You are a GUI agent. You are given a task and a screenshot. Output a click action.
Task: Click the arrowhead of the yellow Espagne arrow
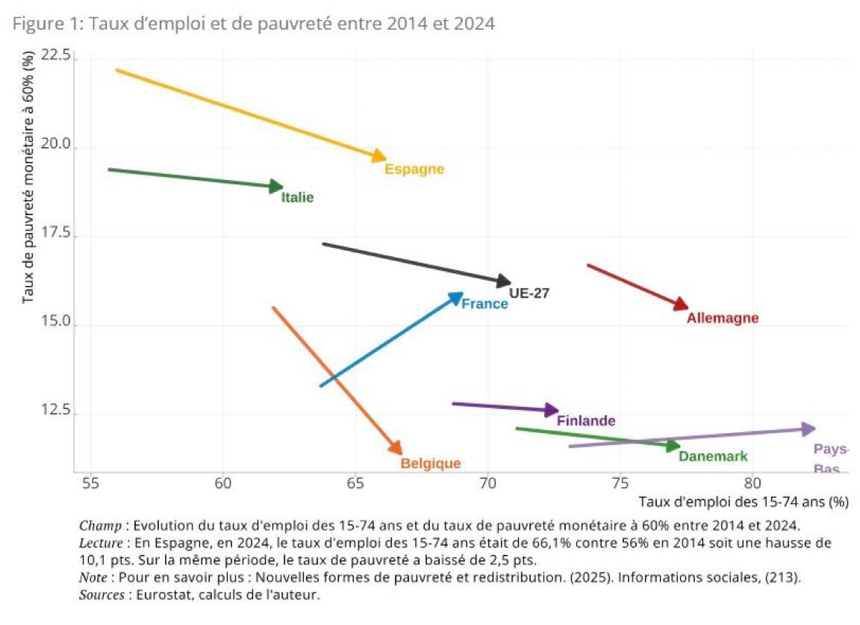click(x=381, y=157)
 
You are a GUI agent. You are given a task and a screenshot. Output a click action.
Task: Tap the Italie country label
click(x=297, y=198)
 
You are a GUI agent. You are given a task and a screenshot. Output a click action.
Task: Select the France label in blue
click(x=484, y=304)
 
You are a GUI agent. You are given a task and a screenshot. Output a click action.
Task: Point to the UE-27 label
click(x=529, y=293)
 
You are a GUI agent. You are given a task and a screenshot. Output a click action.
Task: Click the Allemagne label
click(x=722, y=318)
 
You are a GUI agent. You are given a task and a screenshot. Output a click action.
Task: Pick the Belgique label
click(x=431, y=464)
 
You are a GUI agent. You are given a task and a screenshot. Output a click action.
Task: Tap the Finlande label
click(x=586, y=421)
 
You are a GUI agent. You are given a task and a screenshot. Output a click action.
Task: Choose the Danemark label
click(x=712, y=456)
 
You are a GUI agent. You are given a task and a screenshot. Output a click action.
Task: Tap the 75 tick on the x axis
click(x=620, y=483)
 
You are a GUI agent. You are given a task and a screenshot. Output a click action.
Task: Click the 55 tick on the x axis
click(x=90, y=483)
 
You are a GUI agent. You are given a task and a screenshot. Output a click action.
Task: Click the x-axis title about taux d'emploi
click(x=744, y=502)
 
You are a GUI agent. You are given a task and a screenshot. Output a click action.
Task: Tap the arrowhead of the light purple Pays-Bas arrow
click(x=809, y=429)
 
